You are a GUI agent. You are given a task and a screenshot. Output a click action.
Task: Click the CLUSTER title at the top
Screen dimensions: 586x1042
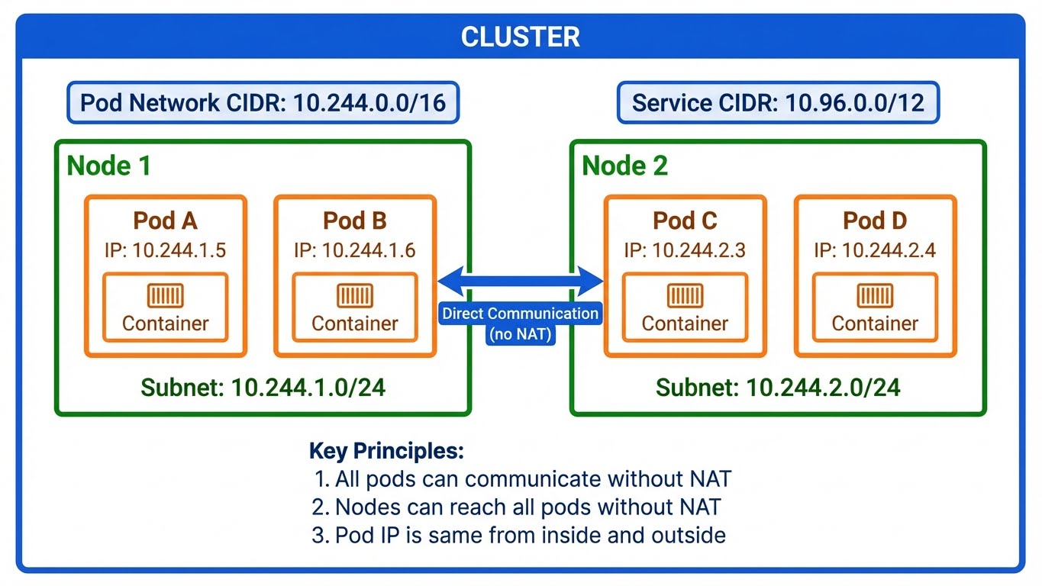[521, 37]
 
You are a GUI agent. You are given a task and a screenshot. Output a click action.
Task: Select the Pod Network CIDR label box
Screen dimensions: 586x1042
[263, 103]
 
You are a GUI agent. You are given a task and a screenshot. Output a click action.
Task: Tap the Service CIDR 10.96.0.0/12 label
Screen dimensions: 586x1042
[778, 103]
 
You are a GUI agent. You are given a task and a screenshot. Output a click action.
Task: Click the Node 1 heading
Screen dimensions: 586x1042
[109, 166]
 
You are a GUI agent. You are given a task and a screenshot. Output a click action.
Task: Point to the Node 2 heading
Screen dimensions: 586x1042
[625, 166]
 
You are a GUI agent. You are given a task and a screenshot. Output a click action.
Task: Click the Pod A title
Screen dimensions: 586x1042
[165, 221]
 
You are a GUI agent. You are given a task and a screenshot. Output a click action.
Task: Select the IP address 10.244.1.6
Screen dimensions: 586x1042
[355, 250]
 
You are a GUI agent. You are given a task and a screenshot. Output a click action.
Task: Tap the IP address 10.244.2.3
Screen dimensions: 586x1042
[685, 250]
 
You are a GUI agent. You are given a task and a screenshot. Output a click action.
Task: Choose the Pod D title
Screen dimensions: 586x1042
[875, 221]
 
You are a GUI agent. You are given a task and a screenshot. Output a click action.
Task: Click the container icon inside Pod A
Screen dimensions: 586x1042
[165, 295]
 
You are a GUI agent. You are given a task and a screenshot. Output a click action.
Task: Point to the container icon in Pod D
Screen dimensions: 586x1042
[875, 295]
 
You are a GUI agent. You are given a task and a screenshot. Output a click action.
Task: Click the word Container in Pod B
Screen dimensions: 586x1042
[355, 324]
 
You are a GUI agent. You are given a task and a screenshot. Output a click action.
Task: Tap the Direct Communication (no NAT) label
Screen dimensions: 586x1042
[521, 323]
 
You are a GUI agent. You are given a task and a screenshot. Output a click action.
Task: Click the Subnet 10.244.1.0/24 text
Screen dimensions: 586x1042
[263, 387]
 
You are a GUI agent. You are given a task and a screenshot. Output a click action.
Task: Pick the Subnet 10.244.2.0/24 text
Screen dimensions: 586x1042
[778, 387]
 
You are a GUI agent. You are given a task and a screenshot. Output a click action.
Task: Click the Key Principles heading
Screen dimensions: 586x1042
[386, 451]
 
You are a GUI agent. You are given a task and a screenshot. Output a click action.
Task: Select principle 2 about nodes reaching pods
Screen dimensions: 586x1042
[517, 507]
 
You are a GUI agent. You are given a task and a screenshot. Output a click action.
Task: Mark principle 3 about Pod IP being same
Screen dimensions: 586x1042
[519, 535]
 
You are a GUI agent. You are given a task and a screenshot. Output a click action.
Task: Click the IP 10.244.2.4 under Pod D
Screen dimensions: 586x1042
[875, 250]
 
